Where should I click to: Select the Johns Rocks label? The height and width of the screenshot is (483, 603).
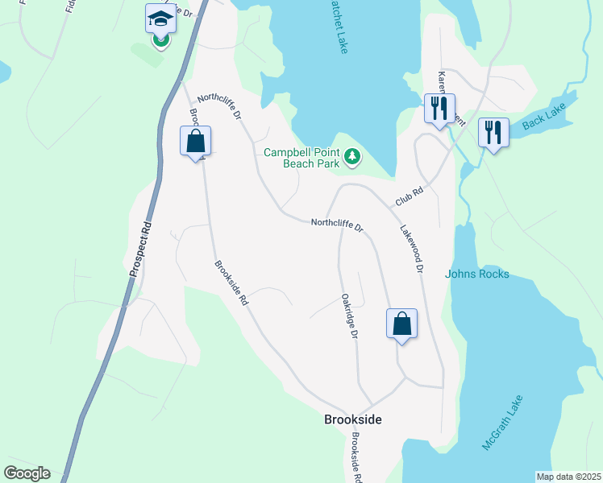tap(477, 274)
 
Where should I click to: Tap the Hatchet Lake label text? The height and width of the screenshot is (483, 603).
tap(337, 27)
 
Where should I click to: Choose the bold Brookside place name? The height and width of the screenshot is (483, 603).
tap(352, 419)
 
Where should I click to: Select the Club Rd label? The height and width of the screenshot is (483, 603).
tap(410, 198)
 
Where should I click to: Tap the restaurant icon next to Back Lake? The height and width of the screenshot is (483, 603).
tap(493, 131)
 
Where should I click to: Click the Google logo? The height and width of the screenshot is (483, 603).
tap(27, 473)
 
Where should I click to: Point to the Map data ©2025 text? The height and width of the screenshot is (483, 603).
tap(568, 477)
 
